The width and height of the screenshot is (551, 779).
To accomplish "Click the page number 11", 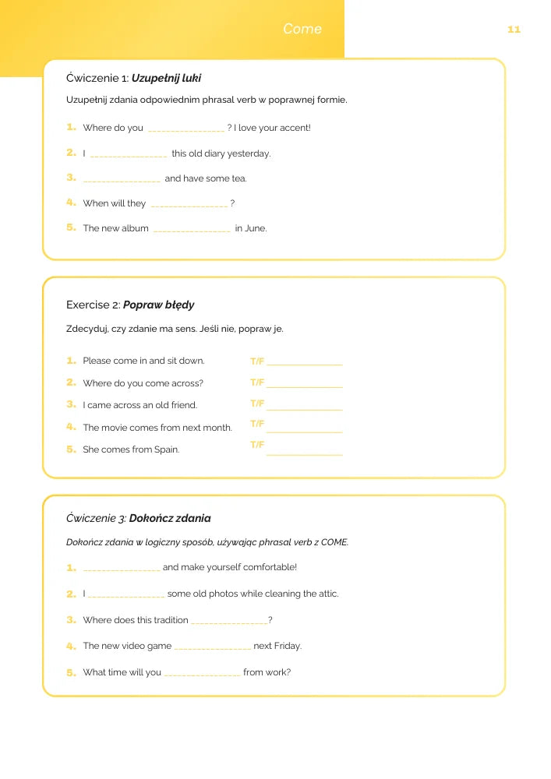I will pos(514,30).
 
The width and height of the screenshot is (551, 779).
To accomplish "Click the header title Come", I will pos(302,29).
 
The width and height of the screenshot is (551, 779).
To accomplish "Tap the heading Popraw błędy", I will pos(159,305).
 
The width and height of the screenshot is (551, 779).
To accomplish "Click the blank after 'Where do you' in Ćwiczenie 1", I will pos(185,129).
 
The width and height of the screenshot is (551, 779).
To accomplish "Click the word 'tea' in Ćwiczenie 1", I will pos(238,178).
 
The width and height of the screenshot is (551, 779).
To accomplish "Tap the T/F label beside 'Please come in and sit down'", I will pos(257,361).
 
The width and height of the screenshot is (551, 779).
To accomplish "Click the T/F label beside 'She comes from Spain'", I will pos(257,445).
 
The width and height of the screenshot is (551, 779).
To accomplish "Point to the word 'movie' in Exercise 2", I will pos(114,428).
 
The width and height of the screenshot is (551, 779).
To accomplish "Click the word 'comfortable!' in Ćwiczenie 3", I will pos(270,567).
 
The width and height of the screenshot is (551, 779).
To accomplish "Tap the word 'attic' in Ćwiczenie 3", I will pos(327,594).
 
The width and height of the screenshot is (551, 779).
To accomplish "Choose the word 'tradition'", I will pos(168,620).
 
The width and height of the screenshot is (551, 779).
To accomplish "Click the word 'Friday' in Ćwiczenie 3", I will pos(287,646).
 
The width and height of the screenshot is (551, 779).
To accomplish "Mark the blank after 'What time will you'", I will pos(202,673).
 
